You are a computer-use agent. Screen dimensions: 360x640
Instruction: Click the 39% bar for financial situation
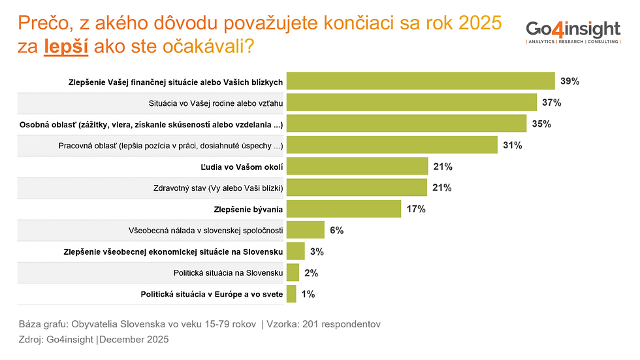pos(421,82)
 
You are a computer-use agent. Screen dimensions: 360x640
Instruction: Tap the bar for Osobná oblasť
pos(407,124)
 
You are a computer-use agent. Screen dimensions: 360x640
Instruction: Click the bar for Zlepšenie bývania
pos(344,209)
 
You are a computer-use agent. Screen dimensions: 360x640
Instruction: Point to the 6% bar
pos(306,230)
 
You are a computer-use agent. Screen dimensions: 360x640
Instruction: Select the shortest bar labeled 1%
pos(291,294)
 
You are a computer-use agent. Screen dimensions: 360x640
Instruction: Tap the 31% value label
pos(512,145)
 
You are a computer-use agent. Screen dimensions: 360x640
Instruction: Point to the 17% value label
pos(415,209)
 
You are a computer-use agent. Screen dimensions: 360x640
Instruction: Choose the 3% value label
pos(317,252)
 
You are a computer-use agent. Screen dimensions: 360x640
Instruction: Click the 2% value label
pos(312,273)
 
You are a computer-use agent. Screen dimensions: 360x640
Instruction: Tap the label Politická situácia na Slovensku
pos(227,273)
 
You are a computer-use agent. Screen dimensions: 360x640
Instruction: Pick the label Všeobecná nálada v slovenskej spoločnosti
pos(206,231)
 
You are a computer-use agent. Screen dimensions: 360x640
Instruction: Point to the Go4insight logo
pos(573,31)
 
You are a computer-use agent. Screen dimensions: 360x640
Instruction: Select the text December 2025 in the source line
pos(135,339)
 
